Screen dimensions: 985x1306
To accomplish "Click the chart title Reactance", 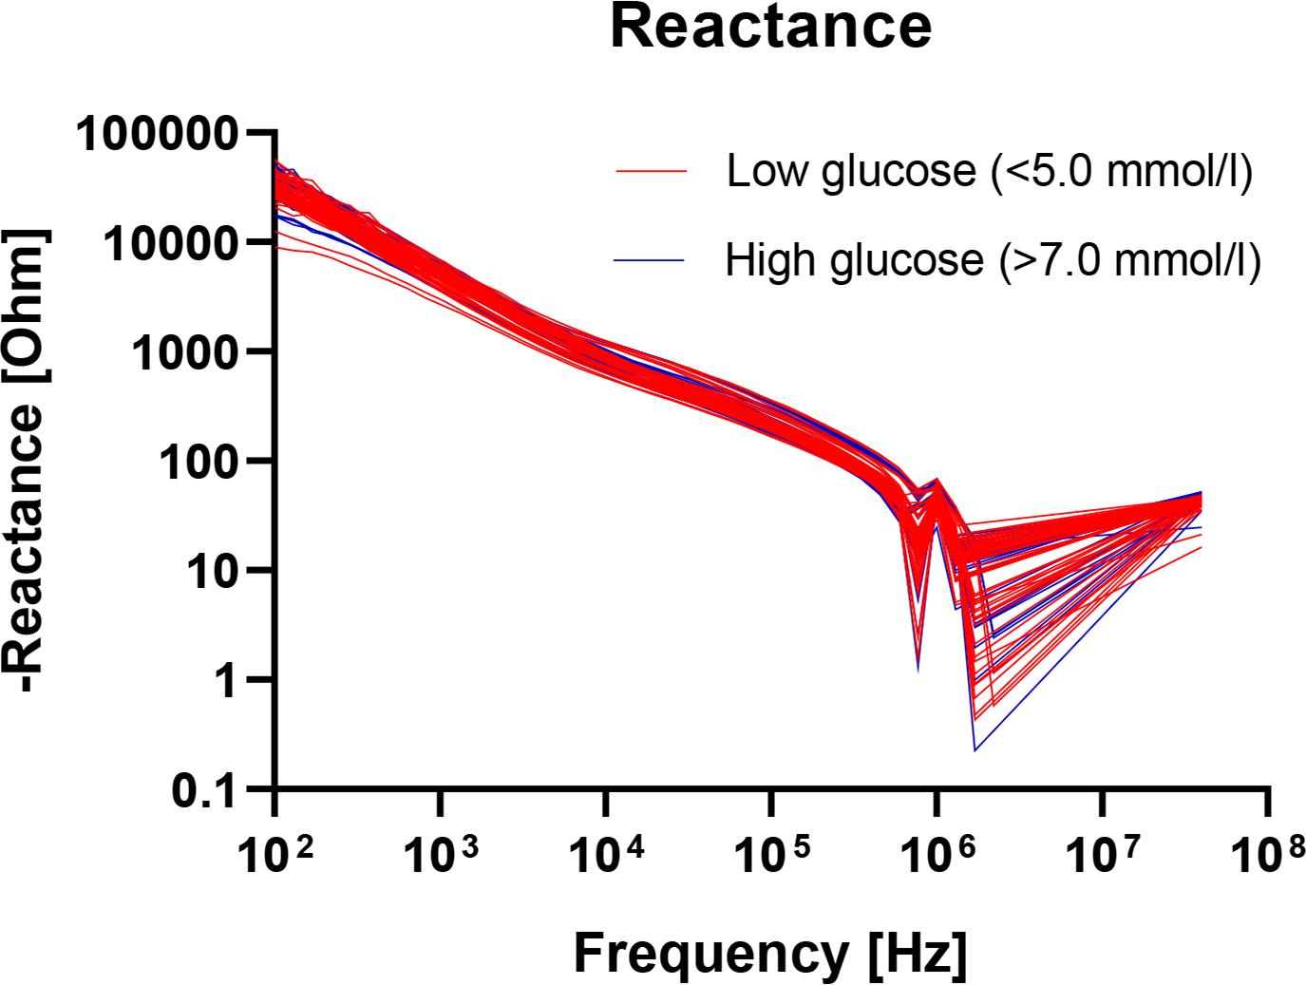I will click(x=770, y=28).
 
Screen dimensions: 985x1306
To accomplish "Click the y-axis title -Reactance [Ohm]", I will click(x=35, y=462).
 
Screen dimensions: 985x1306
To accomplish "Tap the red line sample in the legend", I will click(x=651, y=171).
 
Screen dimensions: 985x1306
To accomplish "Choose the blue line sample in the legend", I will click(x=651, y=258).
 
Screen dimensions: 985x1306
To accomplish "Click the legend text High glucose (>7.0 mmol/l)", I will click(x=993, y=258).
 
